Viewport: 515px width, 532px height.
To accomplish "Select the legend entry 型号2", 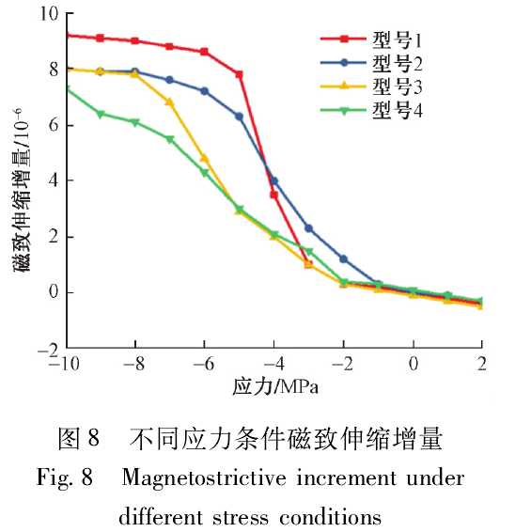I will coord(396,64).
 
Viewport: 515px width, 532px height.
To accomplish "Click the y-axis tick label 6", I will coord(53,125).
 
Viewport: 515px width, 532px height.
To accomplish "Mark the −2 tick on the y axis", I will coord(46,349).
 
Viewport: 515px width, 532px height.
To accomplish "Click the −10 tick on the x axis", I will coord(66,365).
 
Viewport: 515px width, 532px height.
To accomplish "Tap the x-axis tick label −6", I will coord(204,365).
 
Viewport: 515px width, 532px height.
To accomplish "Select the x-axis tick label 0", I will coord(413,365).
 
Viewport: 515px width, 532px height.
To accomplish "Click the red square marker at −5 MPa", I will coord(239,74).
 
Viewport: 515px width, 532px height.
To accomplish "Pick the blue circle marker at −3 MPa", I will coord(308,228).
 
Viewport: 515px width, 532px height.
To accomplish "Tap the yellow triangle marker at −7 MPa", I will coord(169,102).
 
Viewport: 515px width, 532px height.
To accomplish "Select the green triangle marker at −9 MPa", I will coord(100,115).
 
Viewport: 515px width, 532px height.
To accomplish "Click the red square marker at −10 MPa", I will coord(66,35).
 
